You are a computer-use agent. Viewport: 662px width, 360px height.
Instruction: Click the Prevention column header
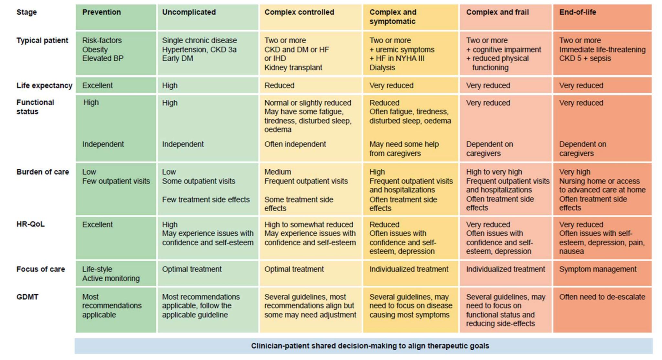(x=101, y=12)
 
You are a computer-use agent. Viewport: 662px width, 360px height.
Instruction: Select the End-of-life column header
(x=577, y=12)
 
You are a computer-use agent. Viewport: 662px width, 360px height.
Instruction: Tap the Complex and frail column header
(x=497, y=12)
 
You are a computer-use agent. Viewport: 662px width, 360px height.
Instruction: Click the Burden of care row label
(x=43, y=172)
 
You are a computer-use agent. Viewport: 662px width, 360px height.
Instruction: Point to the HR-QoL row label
(x=30, y=224)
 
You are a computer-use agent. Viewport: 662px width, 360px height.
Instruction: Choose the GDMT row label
(x=27, y=297)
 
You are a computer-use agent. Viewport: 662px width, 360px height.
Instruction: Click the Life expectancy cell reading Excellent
(x=97, y=86)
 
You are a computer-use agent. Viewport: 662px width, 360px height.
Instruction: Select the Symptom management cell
(x=598, y=269)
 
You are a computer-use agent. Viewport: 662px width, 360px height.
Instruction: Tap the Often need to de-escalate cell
(x=602, y=297)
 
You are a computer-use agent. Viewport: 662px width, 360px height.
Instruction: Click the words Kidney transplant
(x=293, y=68)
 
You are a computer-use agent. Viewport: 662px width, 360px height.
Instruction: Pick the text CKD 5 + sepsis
(x=585, y=59)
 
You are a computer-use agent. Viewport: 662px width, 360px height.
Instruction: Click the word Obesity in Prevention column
(x=95, y=49)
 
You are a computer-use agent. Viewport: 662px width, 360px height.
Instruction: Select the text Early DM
(x=177, y=59)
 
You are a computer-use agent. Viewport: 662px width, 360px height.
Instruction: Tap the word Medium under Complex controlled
(x=277, y=172)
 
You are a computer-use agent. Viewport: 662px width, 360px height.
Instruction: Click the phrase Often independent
(x=295, y=144)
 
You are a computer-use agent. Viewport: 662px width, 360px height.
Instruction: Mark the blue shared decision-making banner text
(x=370, y=346)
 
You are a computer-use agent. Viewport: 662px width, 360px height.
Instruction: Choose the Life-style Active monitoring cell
(x=111, y=274)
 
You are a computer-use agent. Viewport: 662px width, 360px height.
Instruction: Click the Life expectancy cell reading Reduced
(x=279, y=86)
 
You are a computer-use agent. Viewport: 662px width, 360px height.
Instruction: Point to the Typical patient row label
(x=42, y=40)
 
